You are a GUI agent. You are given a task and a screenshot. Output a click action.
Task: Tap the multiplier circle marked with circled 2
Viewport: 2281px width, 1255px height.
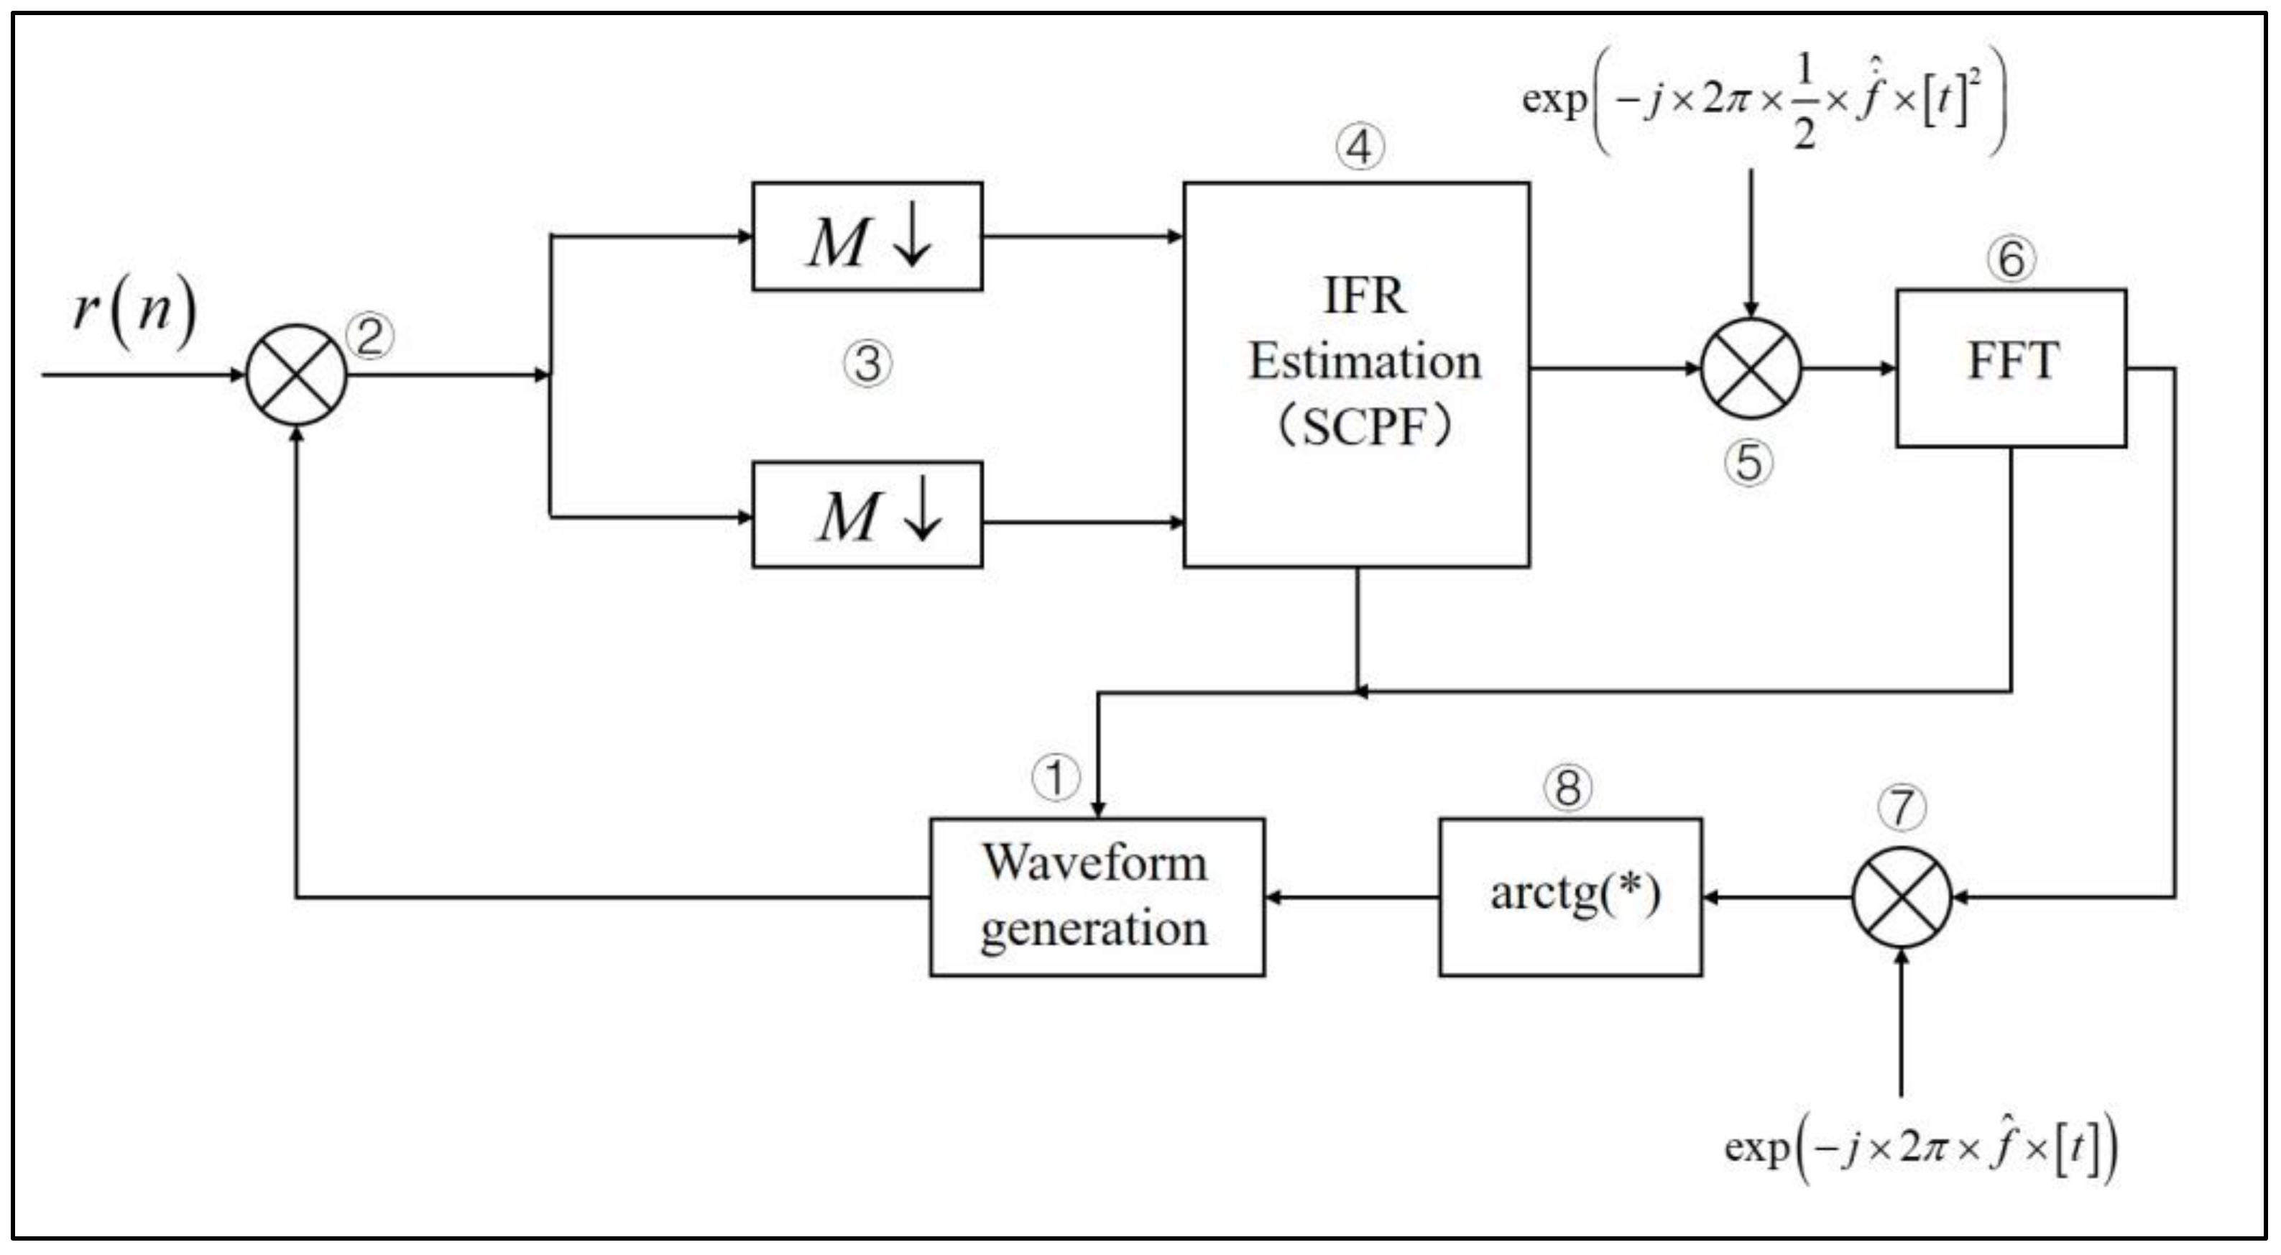point(297,374)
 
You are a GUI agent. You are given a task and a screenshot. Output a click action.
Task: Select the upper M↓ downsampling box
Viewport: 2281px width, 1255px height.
point(867,236)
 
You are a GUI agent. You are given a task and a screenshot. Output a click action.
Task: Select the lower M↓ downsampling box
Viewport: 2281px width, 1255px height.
point(867,515)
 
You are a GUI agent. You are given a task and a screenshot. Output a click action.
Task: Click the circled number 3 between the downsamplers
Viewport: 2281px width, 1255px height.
point(867,364)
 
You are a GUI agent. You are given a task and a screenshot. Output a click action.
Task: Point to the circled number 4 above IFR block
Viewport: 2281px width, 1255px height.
point(1359,148)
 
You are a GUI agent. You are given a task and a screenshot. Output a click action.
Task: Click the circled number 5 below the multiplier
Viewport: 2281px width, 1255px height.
point(1748,463)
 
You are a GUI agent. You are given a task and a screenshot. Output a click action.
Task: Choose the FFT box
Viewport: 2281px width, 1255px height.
point(2011,367)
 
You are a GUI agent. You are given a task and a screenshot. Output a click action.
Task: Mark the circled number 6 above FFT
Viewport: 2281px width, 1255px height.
point(2011,259)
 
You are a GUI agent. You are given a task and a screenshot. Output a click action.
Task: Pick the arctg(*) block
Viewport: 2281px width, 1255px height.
point(1570,897)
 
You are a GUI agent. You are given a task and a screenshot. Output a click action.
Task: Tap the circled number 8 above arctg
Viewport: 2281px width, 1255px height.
point(1567,787)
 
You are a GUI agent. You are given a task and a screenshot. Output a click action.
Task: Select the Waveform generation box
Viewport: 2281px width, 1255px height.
point(1096,897)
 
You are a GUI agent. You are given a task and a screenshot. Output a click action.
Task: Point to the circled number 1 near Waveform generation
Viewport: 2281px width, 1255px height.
point(1056,778)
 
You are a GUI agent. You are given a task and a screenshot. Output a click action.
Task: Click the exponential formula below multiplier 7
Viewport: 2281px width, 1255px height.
point(1920,1149)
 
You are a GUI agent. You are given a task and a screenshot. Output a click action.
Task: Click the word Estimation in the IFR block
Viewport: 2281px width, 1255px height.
point(1365,362)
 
